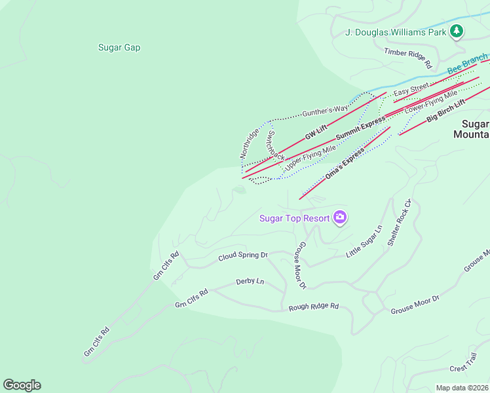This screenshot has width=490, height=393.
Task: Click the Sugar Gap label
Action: (x=119, y=47)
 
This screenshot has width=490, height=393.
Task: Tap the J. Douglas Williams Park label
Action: (x=396, y=32)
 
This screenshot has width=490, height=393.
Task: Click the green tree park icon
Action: (x=457, y=31)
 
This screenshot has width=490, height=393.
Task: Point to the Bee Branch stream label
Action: (x=467, y=65)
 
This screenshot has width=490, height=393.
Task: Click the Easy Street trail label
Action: (x=411, y=87)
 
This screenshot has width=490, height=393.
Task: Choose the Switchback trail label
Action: (x=275, y=145)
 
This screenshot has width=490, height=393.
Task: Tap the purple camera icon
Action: (x=339, y=217)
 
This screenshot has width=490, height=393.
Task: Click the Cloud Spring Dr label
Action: (x=243, y=255)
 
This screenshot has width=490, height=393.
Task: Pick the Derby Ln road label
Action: (x=250, y=282)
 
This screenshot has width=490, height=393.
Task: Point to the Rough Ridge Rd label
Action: (x=313, y=306)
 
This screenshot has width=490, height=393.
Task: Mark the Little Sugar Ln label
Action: (x=364, y=242)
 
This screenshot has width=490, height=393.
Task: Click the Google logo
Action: (x=22, y=385)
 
